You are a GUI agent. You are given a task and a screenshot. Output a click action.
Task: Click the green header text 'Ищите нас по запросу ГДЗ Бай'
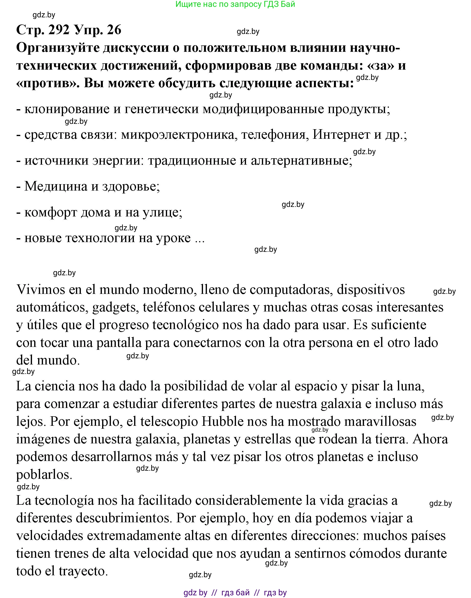[x=235, y=4]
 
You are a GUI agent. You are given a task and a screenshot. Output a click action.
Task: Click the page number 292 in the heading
[x=58, y=30]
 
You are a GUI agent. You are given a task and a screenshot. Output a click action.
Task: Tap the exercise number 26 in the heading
[x=114, y=30]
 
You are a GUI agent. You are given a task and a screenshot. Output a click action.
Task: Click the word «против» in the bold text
[x=47, y=83]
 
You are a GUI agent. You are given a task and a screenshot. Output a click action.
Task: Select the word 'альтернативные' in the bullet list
[x=301, y=161]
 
